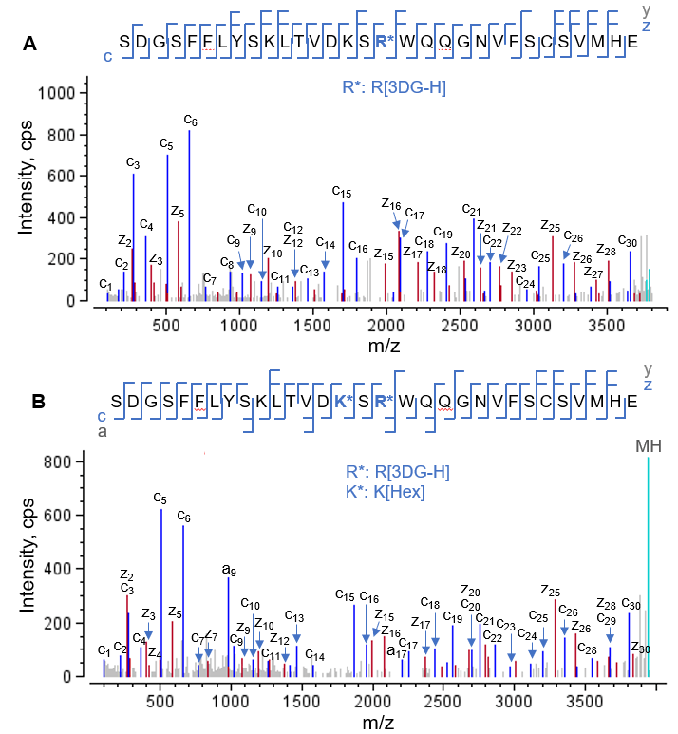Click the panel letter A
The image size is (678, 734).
click(x=30, y=44)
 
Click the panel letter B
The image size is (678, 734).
click(x=39, y=402)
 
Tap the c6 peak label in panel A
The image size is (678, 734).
click(x=190, y=122)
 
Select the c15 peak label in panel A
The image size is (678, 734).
click(x=342, y=193)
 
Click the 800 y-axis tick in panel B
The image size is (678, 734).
click(x=64, y=462)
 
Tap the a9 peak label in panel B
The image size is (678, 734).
click(x=229, y=569)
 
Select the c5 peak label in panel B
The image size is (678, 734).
click(x=160, y=498)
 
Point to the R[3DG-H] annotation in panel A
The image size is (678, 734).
click(x=393, y=87)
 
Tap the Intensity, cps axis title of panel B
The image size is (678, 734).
click(x=27, y=568)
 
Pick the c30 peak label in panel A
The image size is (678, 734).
click(x=628, y=240)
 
